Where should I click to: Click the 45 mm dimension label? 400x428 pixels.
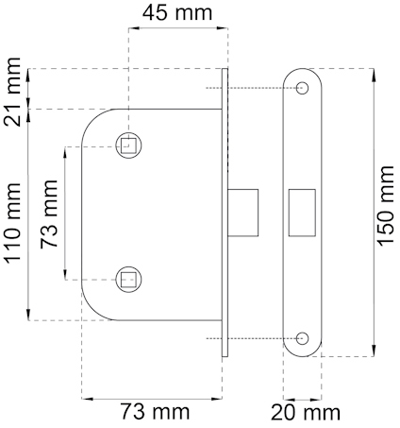click(x=175, y=13)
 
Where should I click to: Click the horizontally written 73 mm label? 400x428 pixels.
click(x=154, y=411)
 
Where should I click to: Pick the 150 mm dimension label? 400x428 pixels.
click(x=387, y=206)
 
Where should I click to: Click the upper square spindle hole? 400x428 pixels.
click(x=128, y=146)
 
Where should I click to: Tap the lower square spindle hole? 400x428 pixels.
click(x=128, y=278)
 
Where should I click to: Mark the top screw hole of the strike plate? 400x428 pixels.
click(x=302, y=88)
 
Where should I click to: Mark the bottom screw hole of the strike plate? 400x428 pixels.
click(x=302, y=337)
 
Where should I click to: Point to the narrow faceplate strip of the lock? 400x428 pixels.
click(x=225, y=213)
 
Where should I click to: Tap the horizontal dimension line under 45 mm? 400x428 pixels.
click(x=175, y=27)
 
